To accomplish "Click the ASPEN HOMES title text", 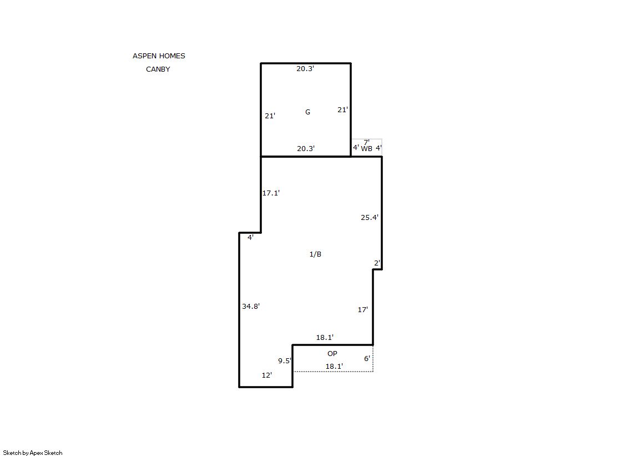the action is coord(159,56).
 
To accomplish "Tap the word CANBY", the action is coord(158,69).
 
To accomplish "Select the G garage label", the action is coord(308,112).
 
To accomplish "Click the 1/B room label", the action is coord(315,254).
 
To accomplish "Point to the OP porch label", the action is coord(332,353).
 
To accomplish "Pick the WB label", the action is coord(367,149).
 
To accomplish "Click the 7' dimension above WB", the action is coord(367,142).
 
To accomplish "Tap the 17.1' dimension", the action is coord(271,193).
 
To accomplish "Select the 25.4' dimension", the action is coord(370,217).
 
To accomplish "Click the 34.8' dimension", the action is coord(251,306).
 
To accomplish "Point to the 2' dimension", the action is coord(377,263).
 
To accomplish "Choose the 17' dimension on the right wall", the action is coord(363,310).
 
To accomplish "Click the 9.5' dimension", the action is coord(284,361).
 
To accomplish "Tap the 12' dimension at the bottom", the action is coord(267,375).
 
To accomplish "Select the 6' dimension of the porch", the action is coord(367,358).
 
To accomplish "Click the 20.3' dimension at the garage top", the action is coord(305,69).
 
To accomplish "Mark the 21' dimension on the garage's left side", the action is coord(270,116).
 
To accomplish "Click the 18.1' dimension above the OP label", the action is coord(325,338).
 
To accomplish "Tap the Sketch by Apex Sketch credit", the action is coord(33,453).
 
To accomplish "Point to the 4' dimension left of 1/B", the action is coord(250,238).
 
